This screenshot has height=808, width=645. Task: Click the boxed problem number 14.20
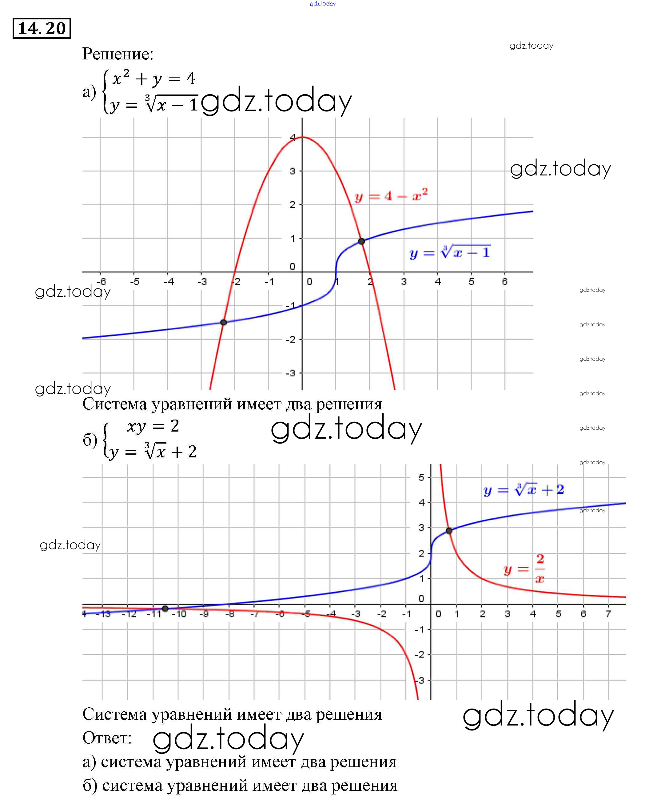pyautogui.click(x=42, y=28)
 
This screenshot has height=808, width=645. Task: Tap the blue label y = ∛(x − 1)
pyautogui.click(x=450, y=252)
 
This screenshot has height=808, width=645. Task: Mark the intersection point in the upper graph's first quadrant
pyautogui.click(x=361, y=241)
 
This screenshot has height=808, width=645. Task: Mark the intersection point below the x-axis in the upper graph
pyautogui.click(x=223, y=322)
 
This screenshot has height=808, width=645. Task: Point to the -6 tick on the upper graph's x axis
pyautogui.click(x=101, y=281)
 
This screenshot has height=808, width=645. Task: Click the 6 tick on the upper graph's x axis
pyautogui.click(x=504, y=281)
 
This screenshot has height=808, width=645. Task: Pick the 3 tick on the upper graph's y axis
pyautogui.click(x=292, y=171)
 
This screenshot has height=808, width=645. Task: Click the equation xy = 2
pyautogui.click(x=153, y=426)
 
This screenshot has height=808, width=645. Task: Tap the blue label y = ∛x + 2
pyautogui.click(x=524, y=490)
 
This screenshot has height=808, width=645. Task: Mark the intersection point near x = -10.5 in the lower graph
pyautogui.click(x=165, y=608)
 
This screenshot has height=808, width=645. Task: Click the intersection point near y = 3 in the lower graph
pyautogui.click(x=449, y=530)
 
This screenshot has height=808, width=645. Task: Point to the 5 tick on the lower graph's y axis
pyautogui.click(x=421, y=477)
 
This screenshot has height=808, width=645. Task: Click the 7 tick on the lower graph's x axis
pyautogui.click(x=609, y=614)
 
